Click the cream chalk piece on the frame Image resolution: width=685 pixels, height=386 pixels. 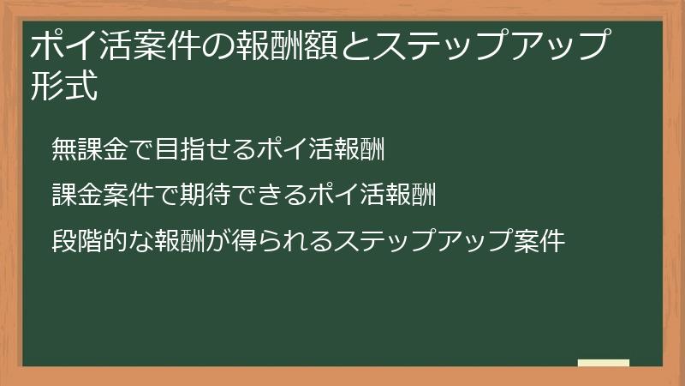click(603, 364)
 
